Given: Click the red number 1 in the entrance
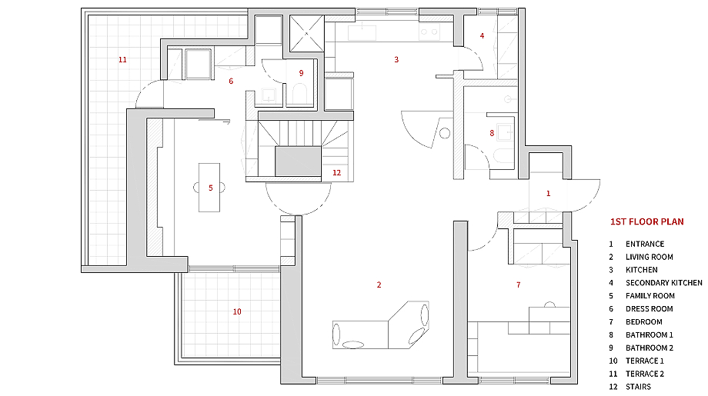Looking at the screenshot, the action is click(x=548, y=194).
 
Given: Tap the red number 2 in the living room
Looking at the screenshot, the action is click(x=379, y=285).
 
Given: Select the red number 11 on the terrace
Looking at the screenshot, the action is click(x=122, y=59).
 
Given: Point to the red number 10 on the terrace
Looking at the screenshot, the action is click(x=237, y=311).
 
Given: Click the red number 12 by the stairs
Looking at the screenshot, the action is click(x=337, y=173).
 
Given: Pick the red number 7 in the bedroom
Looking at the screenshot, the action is click(x=519, y=285).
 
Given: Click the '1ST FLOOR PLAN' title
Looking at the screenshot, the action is click(x=646, y=221).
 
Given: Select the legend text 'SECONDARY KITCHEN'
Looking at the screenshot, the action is click(x=663, y=283).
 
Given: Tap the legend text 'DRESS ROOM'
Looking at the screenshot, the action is click(x=650, y=309).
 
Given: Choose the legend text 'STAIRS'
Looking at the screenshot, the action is click(x=638, y=387).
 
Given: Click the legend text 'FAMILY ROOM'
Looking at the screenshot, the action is click(x=650, y=296).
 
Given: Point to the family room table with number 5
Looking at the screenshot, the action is click(x=209, y=188).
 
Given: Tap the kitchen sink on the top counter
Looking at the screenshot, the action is click(x=362, y=32).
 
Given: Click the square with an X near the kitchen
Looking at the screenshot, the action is click(x=306, y=33).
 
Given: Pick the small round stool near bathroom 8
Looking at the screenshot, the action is click(x=445, y=133).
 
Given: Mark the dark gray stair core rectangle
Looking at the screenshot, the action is click(x=298, y=161).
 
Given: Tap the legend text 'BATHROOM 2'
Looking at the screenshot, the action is click(x=650, y=348).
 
